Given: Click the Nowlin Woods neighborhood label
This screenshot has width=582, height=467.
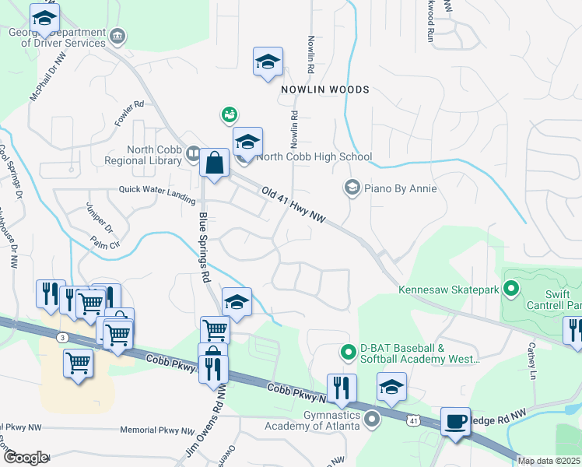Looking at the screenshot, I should pos(325,90).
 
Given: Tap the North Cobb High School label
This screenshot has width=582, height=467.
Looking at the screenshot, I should pos(314,156).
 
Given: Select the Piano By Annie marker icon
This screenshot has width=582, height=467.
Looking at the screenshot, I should pos(352,188).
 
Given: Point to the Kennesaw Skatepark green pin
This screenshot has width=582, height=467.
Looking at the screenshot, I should pos(511,290).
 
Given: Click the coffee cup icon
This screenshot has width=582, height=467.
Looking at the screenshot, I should pos(456,423).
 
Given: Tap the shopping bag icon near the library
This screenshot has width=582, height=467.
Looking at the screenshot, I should pos(214,163).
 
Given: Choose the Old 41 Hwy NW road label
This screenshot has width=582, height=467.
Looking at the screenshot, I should pos(293,206).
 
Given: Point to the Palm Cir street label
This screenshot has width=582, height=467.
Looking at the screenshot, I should pos(105,243).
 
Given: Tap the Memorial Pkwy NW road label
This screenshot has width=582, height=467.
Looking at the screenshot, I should pos(157,430).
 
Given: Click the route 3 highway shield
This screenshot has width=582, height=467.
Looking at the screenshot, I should pos(62,337).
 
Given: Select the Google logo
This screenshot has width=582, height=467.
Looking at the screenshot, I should pos(26,458).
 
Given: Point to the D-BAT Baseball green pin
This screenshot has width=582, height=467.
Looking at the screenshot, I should pos(349,353).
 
